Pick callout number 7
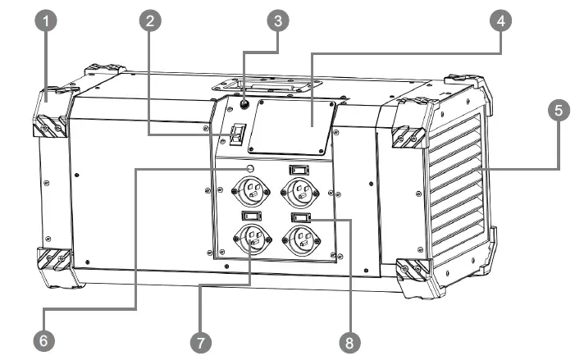(x=198, y=338)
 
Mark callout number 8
(x=352, y=338)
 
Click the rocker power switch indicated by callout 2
(x=237, y=134)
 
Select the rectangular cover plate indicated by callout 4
(x=292, y=127)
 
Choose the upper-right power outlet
(x=299, y=194)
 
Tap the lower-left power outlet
(x=251, y=239)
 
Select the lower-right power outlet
(x=299, y=239)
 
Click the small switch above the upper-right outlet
(x=299, y=170)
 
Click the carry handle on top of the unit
(x=263, y=84)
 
